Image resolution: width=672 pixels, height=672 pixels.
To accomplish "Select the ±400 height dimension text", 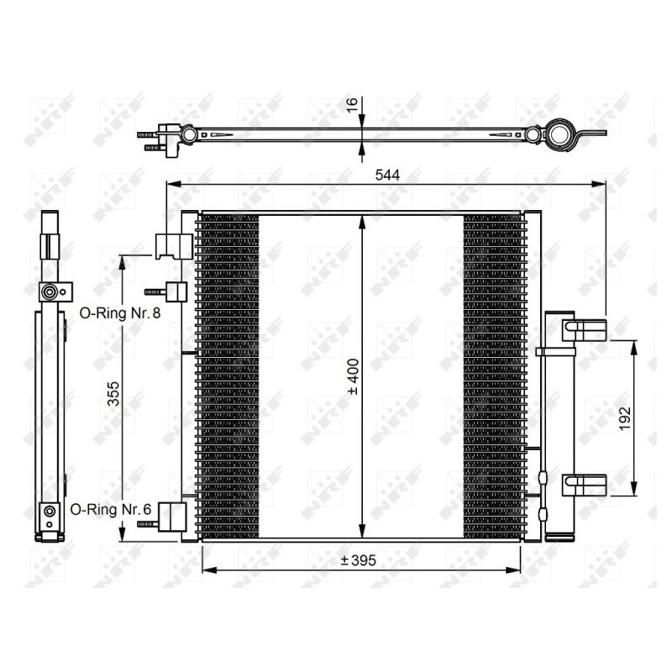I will click(x=353, y=378).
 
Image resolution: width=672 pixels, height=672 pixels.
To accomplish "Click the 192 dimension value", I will click(x=622, y=417).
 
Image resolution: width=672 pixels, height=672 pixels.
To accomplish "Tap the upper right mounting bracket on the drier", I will click(x=585, y=329).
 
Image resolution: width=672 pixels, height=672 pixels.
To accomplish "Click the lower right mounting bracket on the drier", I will click(x=585, y=485).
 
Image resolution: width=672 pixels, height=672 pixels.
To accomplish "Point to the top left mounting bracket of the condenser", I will click(x=173, y=244).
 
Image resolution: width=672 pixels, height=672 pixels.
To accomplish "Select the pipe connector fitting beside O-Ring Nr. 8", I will click(x=175, y=291).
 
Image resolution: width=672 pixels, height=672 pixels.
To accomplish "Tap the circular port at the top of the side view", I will click(x=50, y=292).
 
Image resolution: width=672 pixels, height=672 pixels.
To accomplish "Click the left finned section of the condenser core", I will click(x=228, y=376).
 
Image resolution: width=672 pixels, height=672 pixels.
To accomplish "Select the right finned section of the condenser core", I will click(x=493, y=376).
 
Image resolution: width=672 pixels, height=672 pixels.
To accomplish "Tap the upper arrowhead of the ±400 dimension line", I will click(x=361, y=220).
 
